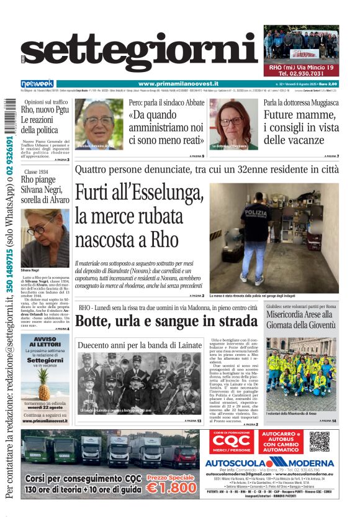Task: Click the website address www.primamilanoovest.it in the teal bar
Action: [186, 84]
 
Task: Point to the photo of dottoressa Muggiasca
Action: [233, 124]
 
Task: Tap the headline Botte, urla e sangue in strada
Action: [166, 321]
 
